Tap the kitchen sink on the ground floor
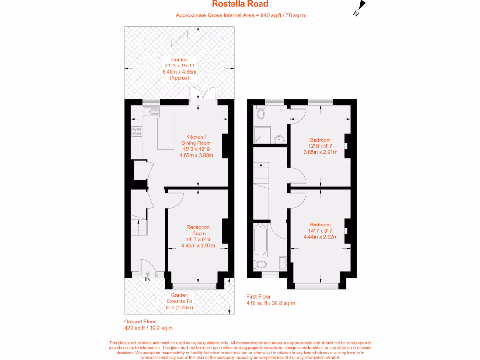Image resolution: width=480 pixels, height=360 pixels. coord(152,112)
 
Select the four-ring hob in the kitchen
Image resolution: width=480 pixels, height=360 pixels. coord(137,132)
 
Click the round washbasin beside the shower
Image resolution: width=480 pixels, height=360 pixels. coord(279,139)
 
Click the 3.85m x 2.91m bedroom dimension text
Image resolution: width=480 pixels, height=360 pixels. coord(321,152)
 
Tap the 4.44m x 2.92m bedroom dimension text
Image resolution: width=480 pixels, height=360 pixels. coord(321,237)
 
